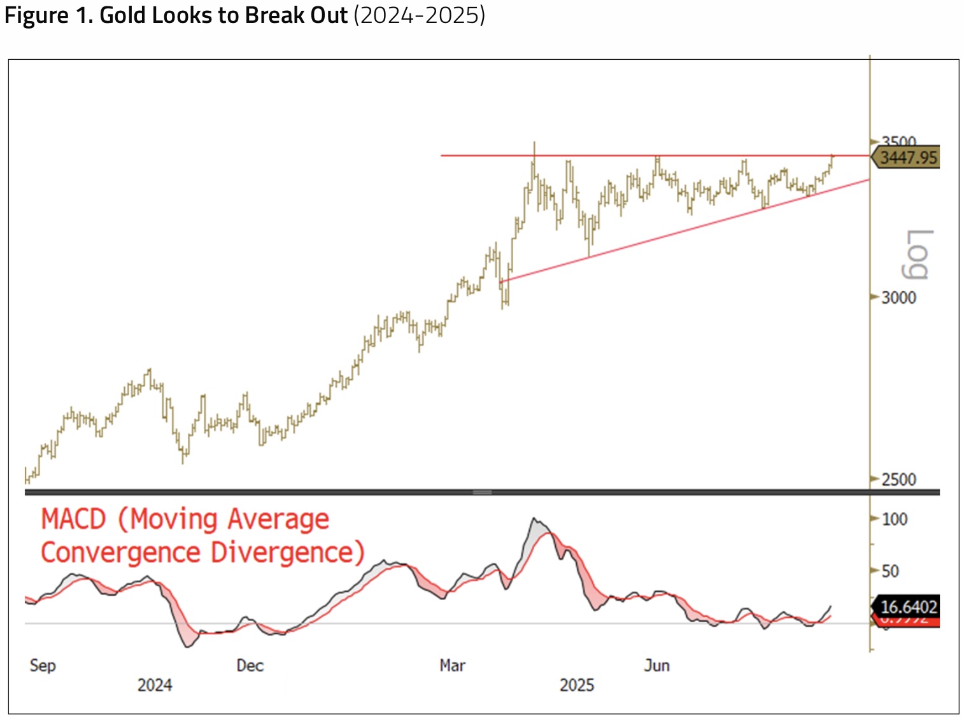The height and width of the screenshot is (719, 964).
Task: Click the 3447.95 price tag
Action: tap(909, 157)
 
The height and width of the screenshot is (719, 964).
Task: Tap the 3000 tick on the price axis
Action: tap(898, 298)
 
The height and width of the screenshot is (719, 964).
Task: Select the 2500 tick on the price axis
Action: tap(898, 480)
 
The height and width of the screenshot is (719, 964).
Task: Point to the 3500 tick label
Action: tap(898, 141)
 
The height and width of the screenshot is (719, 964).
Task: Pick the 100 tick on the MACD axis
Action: tap(894, 520)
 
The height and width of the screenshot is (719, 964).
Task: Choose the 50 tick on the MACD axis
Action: tap(890, 571)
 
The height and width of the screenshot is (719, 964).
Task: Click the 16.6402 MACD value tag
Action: tap(909, 607)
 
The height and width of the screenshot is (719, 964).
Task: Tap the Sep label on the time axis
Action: tap(43, 666)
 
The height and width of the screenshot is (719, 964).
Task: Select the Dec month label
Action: tap(250, 666)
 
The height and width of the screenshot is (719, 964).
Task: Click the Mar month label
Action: tap(452, 666)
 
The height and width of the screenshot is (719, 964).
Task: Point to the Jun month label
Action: tap(656, 666)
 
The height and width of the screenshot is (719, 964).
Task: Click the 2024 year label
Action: tap(155, 685)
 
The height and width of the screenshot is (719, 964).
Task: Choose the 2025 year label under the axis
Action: tap(576, 685)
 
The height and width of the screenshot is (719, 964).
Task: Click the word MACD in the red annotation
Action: tap(73, 519)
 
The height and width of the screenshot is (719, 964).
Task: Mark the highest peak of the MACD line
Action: tap(534, 519)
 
